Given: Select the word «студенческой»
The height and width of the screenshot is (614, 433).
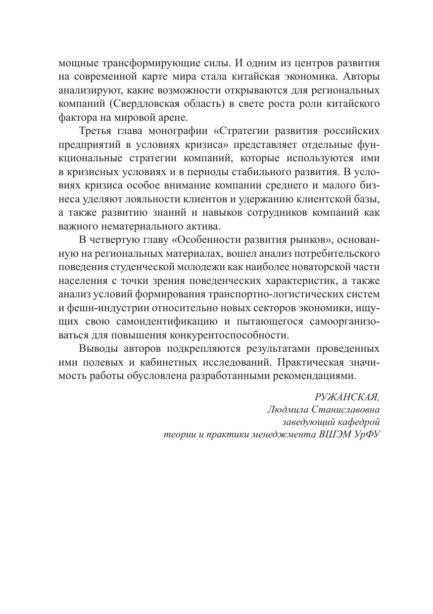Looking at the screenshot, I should pyautogui.click(x=142, y=268).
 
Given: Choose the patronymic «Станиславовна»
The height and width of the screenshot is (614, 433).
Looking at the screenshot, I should pyautogui.click(x=344, y=410).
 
